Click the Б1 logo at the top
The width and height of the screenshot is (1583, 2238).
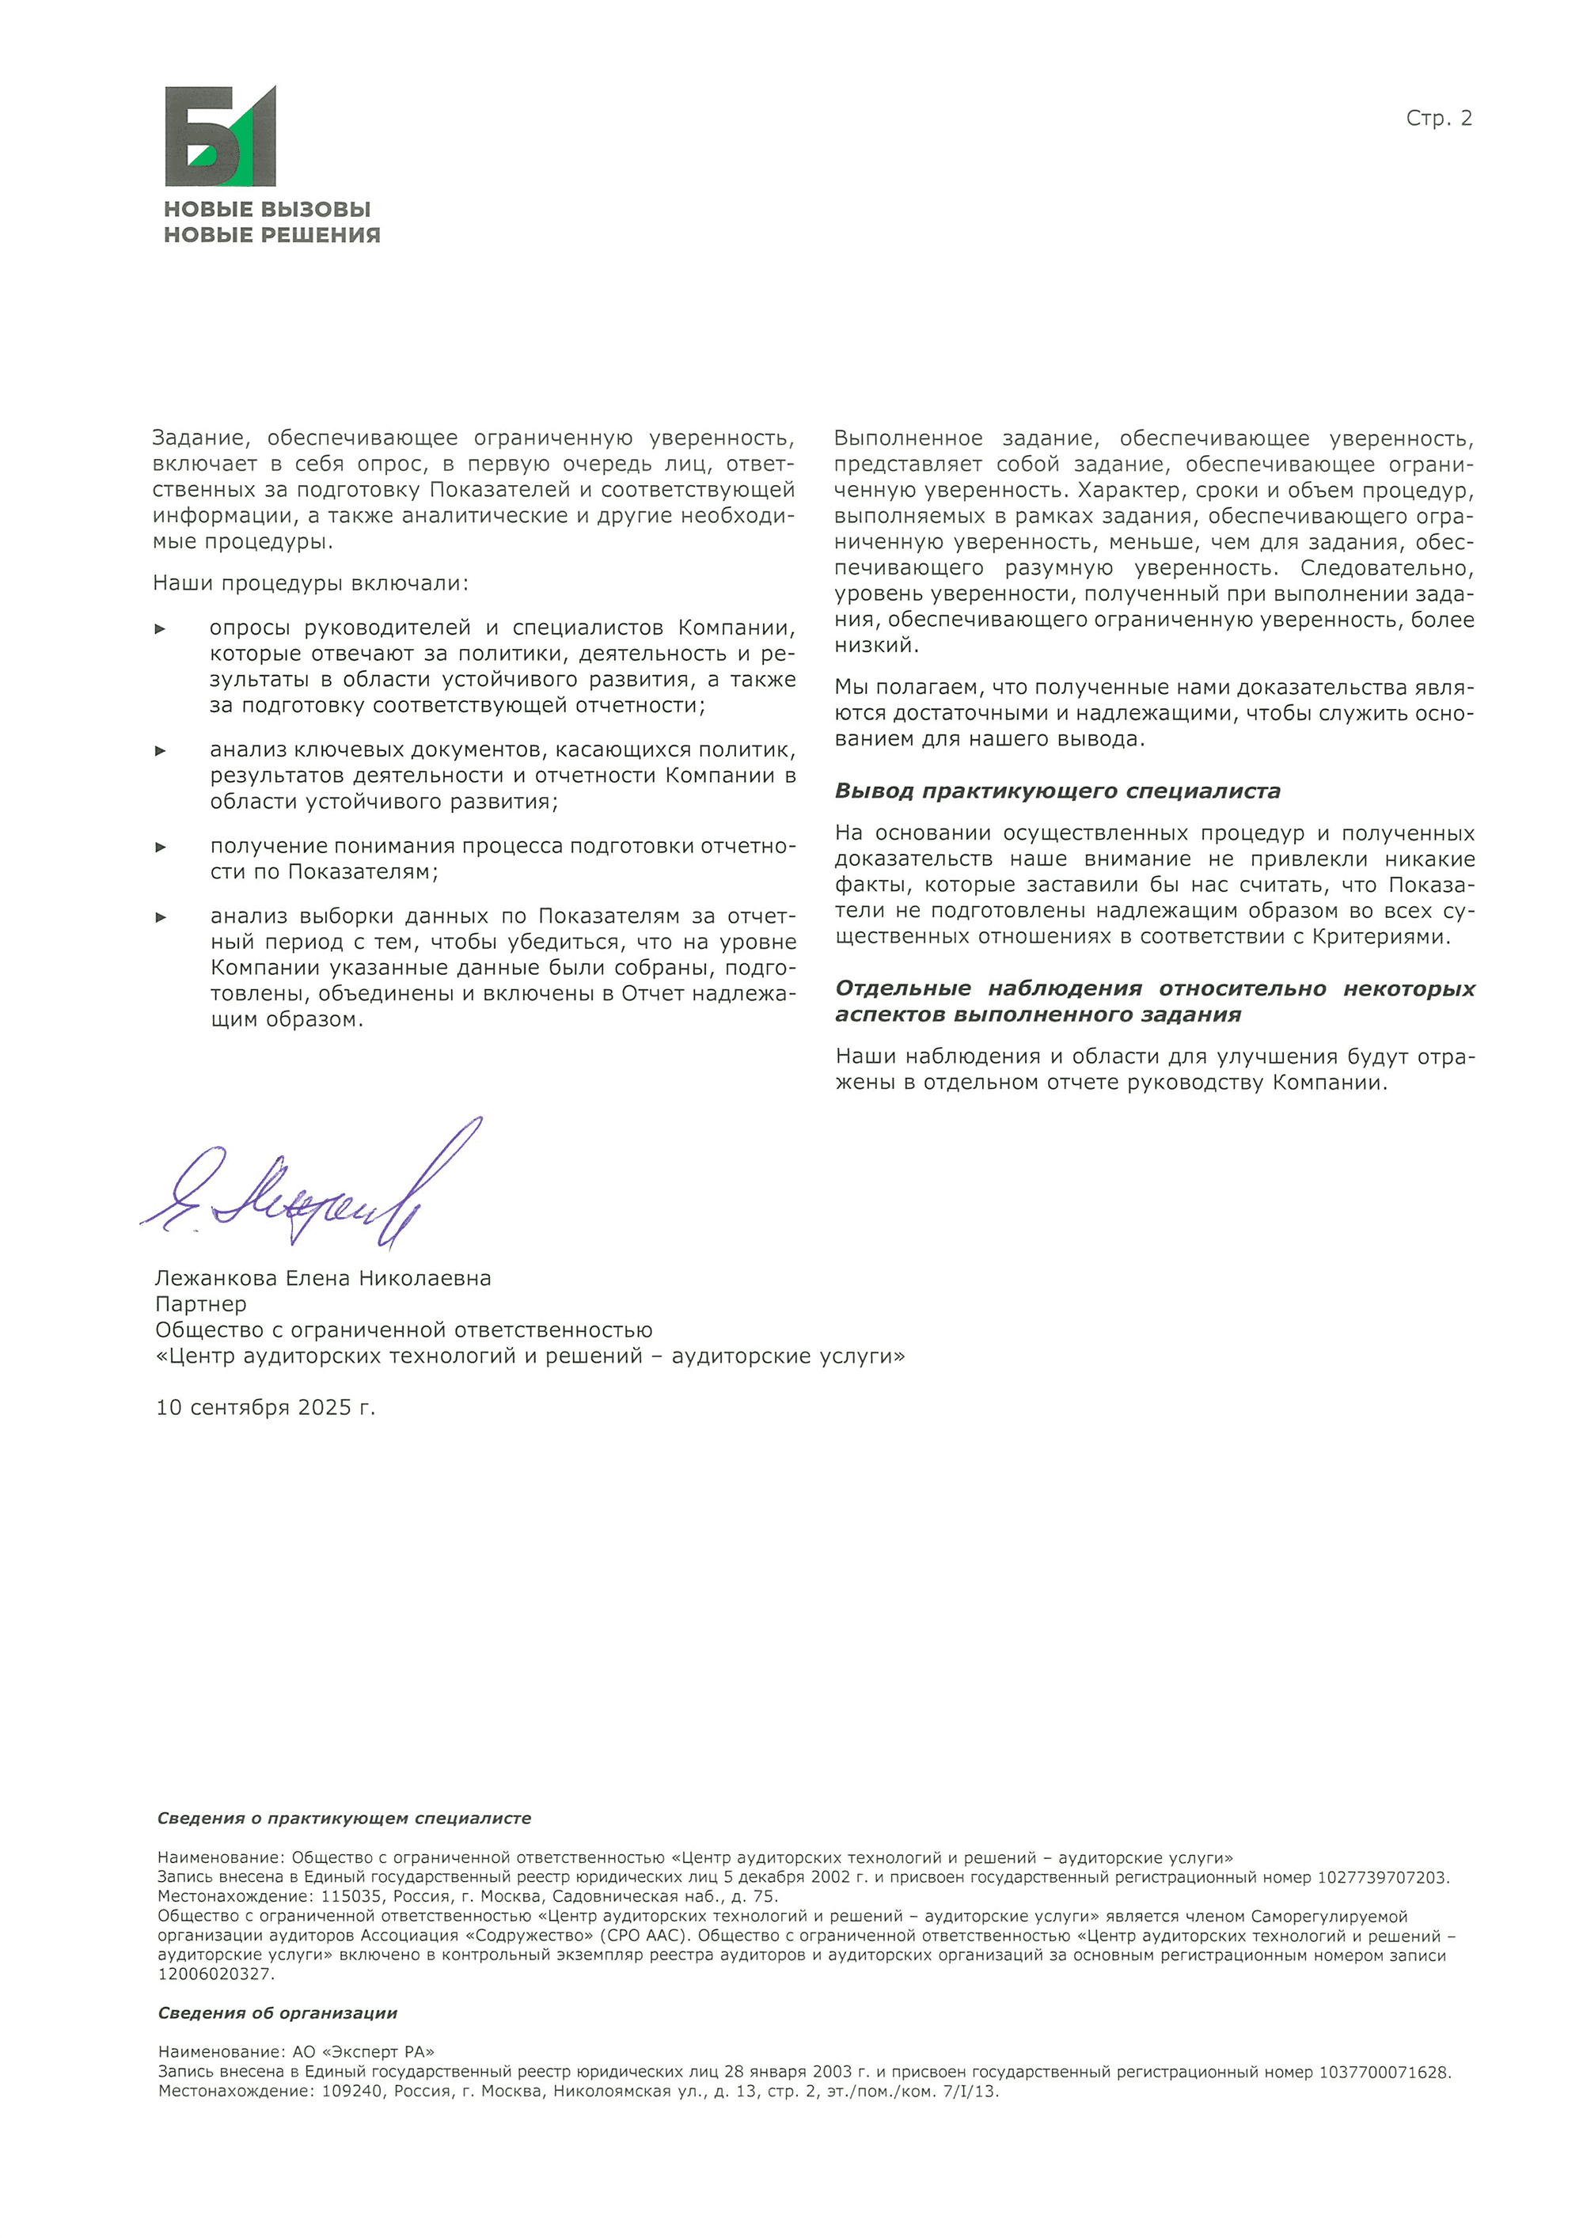click(220, 136)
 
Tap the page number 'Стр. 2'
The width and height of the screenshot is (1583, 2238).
click(1438, 119)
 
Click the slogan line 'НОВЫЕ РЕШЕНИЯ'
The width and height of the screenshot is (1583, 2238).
click(272, 235)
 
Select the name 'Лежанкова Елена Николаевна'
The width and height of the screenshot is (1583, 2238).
click(323, 1278)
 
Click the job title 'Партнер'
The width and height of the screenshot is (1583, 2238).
click(201, 1304)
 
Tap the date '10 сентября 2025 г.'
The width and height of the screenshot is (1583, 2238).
click(265, 1408)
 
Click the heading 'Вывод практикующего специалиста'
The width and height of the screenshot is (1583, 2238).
click(1057, 791)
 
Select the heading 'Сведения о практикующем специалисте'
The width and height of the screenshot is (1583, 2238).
click(344, 1818)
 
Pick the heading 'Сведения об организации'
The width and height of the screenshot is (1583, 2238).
click(278, 2012)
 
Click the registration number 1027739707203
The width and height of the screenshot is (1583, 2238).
click(1382, 1877)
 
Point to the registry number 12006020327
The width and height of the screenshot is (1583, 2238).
click(215, 1974)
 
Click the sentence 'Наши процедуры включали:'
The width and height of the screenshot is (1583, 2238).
click(310, 583)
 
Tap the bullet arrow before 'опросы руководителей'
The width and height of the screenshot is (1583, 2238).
click(161, 628)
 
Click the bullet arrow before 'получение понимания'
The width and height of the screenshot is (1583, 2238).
click(161, 847)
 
